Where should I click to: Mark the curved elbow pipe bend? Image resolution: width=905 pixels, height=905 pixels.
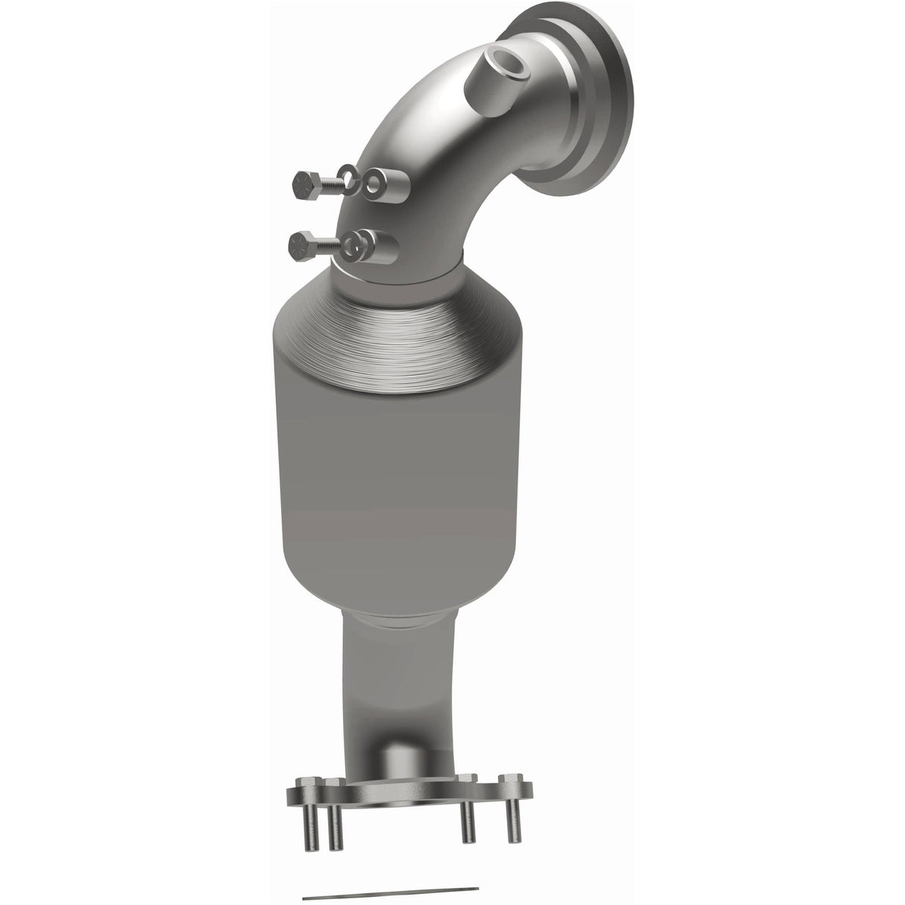click(417, 149)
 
